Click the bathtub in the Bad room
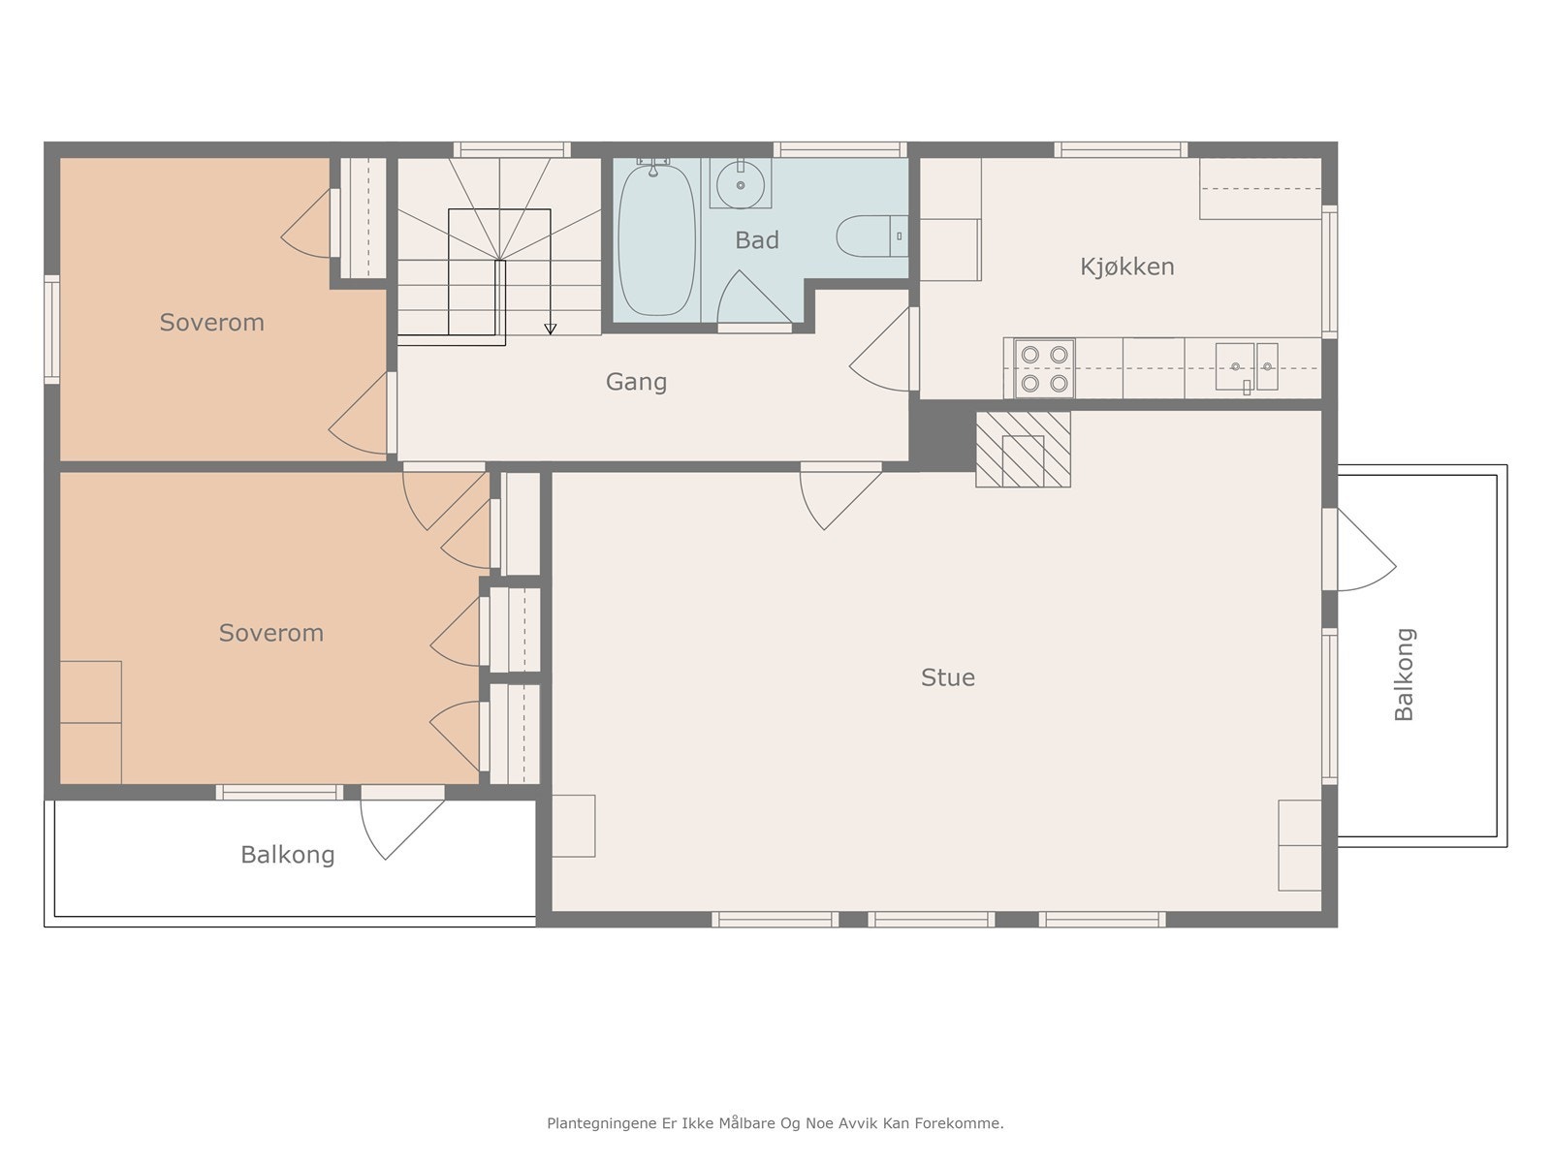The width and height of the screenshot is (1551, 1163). tap(656, 240)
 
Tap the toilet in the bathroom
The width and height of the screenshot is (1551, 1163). tap(871, 236)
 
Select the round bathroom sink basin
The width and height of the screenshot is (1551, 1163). tap(740, 185)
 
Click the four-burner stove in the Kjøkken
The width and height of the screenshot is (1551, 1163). tap(1044, 368)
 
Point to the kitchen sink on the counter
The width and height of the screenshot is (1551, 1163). tap(1247, 366)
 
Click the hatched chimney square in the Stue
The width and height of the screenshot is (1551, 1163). tap(1023, 450)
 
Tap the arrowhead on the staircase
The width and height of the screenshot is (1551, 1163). tap(551, 330)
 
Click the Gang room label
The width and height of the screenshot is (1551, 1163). tap(636, 382)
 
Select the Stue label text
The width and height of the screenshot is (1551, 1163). tap(947, 677)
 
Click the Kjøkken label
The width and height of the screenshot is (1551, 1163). tap(1127, 267)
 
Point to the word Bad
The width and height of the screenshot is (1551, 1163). tap(757, 240)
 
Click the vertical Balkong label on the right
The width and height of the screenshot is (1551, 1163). tap(1404, 675)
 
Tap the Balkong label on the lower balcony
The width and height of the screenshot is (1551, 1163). tap(288, 855)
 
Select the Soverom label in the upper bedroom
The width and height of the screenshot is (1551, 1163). tap(212, 322)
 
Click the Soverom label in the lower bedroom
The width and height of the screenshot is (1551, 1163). tap(271, 633)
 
